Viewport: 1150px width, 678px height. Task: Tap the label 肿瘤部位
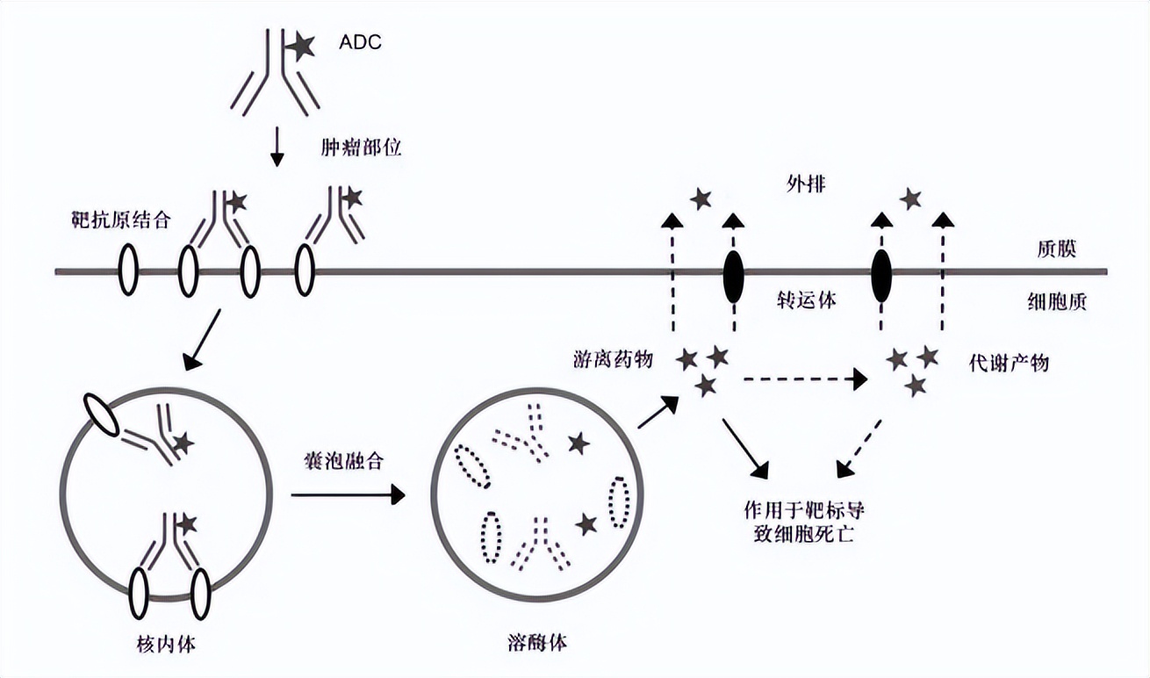tap(360, 148)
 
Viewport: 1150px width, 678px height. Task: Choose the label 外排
tap(806, 185)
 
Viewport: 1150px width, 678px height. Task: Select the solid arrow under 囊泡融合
tap(348, 495)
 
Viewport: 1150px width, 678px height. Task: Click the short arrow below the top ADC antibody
tap(277, 148)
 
